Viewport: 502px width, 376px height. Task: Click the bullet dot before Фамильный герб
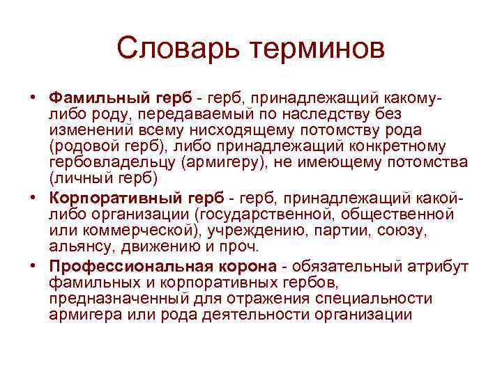33,96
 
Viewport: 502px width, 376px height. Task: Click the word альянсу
78,248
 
